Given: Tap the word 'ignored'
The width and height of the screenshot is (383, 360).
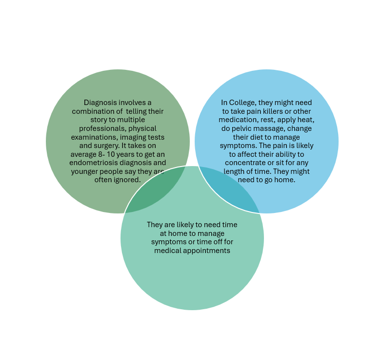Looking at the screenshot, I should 127,180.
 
